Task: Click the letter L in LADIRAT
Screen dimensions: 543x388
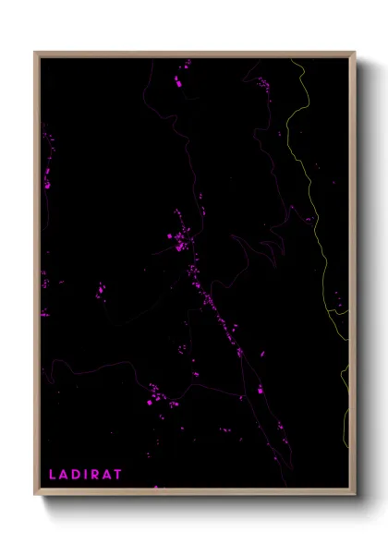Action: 53,475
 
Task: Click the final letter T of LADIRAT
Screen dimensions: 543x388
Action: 118,475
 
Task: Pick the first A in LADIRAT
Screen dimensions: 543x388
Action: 64,475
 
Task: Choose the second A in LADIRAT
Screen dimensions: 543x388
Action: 107,475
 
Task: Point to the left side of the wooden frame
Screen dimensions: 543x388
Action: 37,277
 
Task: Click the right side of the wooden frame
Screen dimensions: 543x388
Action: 352,277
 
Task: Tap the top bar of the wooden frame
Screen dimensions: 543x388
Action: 194,54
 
